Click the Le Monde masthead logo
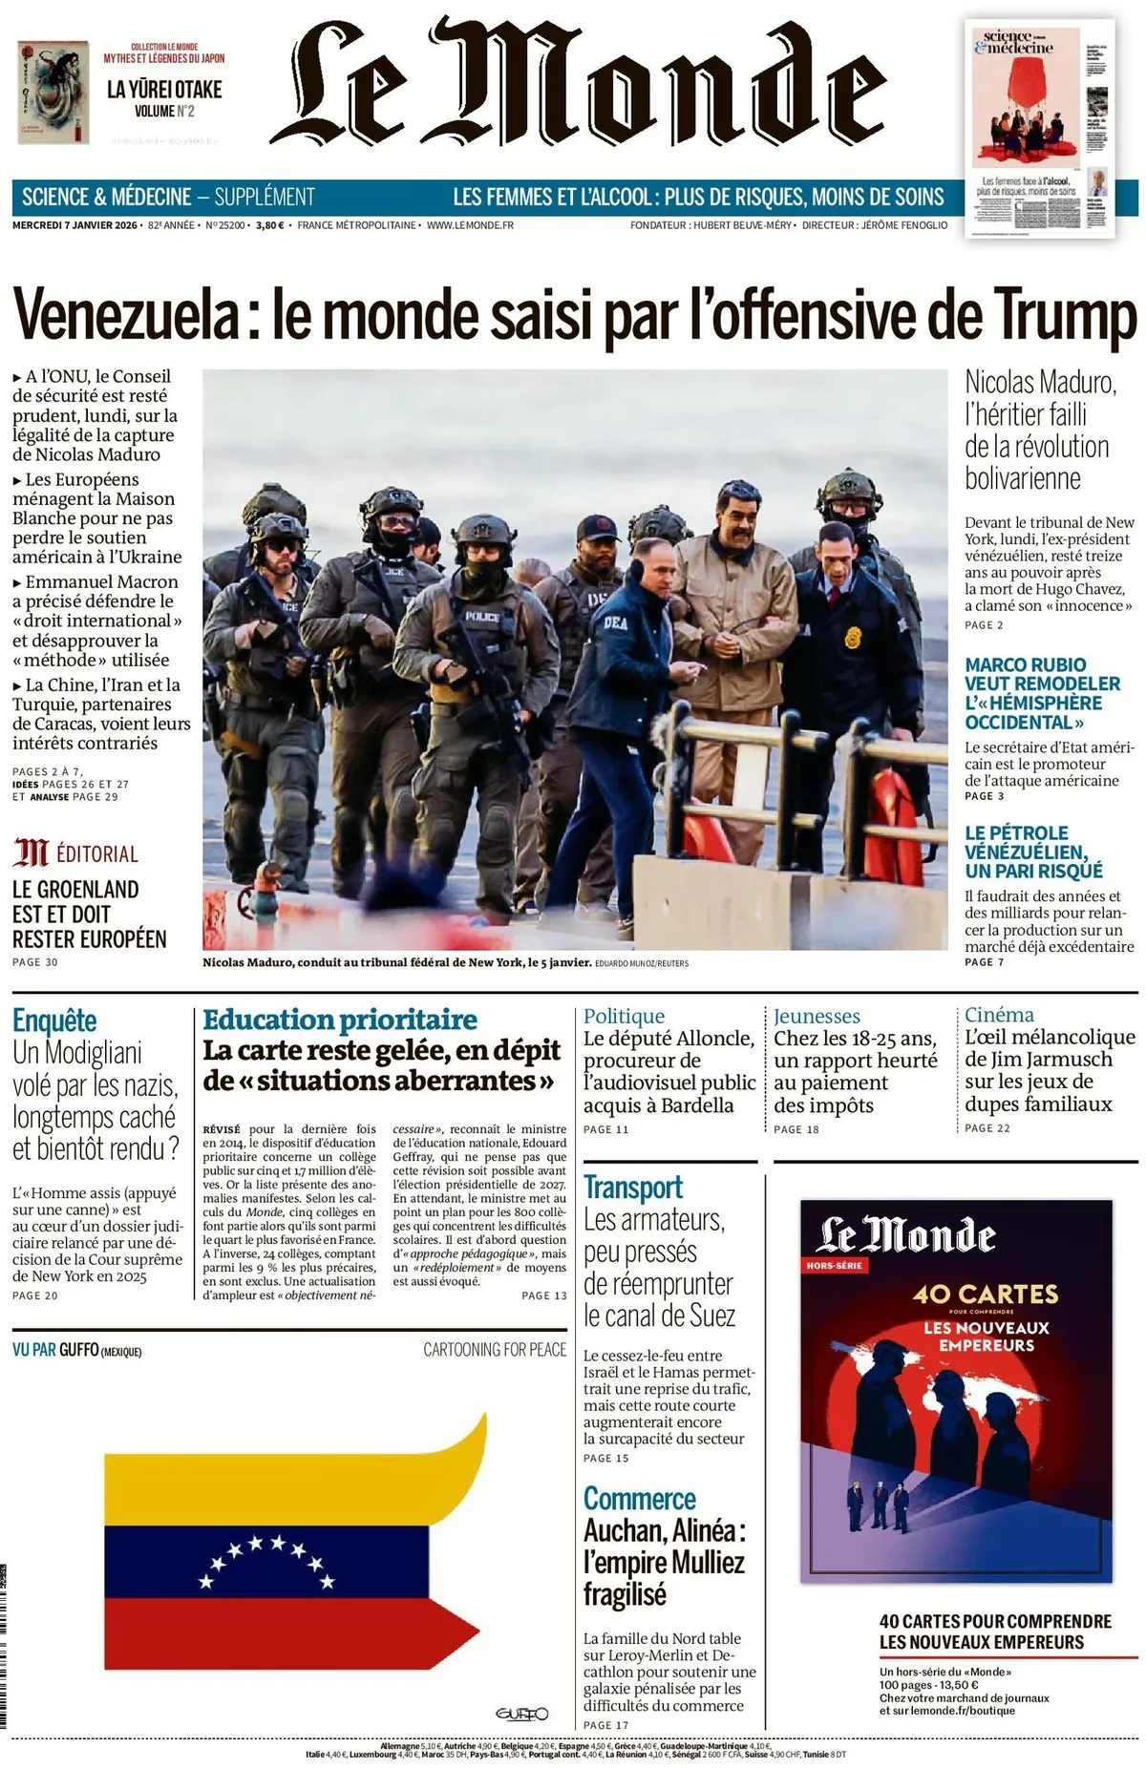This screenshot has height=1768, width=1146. [578, 86]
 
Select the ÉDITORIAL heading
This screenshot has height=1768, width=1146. [96, 853]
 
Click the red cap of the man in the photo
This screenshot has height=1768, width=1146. [599, 526]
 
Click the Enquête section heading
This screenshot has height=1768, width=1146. [54, 1021]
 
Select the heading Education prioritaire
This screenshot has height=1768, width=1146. [340, 1020]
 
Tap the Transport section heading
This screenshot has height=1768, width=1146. [633, 1188]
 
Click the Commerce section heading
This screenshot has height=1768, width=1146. [640, 1499]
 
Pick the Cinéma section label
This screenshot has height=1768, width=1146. [999, 1015]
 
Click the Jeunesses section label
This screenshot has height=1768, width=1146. [817, 1016]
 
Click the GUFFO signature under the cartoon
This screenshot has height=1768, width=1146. [521, 1714]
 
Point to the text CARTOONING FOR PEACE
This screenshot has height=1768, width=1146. [495, 1350]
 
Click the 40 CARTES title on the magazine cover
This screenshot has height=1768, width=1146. [986, 1294]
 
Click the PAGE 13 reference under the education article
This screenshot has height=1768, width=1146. [544, 1295]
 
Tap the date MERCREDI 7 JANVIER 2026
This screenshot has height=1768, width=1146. [74, 225]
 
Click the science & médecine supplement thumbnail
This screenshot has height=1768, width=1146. [1040, 129]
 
